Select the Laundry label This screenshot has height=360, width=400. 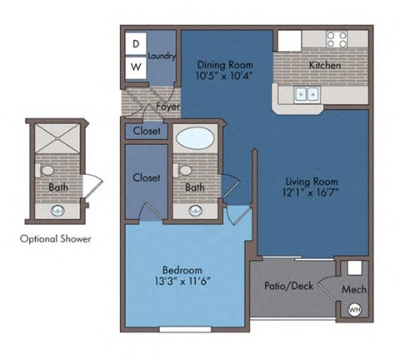(x=161, y=56)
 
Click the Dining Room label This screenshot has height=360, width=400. (x=224, y=63)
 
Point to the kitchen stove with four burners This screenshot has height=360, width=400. (x=337, y=39)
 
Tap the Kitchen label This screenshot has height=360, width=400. (x=324, y=65)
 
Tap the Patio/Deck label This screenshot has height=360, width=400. (x=289, y=286)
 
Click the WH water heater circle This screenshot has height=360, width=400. (x=353, y=310)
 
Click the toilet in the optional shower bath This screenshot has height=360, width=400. (x=47, y=172)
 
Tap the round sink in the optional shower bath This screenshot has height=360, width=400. (x=57, y=211)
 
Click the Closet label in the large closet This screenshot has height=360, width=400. (x=146, y=177)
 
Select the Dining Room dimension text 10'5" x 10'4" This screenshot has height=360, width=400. (x=224, y=76)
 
